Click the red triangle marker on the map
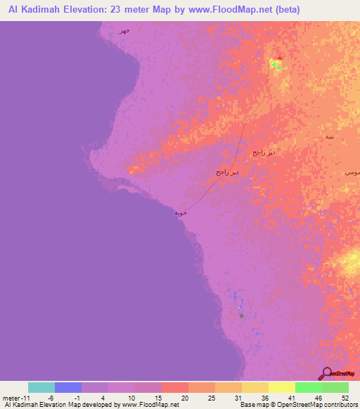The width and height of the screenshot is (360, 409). pyautogui.click(x=280, y=58)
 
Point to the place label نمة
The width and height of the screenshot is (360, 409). pyautogui.click(x=330, y=136)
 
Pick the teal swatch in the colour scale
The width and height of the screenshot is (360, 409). pyautogui.click(x=41, y=387)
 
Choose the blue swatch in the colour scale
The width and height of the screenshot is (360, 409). pyautogui.click(x=68, y=387)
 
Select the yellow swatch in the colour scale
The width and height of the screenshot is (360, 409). pyautogui.click(x=282, y=387)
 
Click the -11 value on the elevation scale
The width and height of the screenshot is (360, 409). pyautogui.click(x=24, y=398)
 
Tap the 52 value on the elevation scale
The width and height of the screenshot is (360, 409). pyautogui.click(x=345, y=398)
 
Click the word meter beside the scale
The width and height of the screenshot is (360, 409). pyautogui.click(x=10, y=398)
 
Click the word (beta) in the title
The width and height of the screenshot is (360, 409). pyautogui.click(x=299, y=9)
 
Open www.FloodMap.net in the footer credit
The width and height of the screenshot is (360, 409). pyautogui.click(x=150, y=405)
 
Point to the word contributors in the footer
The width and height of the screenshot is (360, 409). pyautogui.click(x=340, y=405)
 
